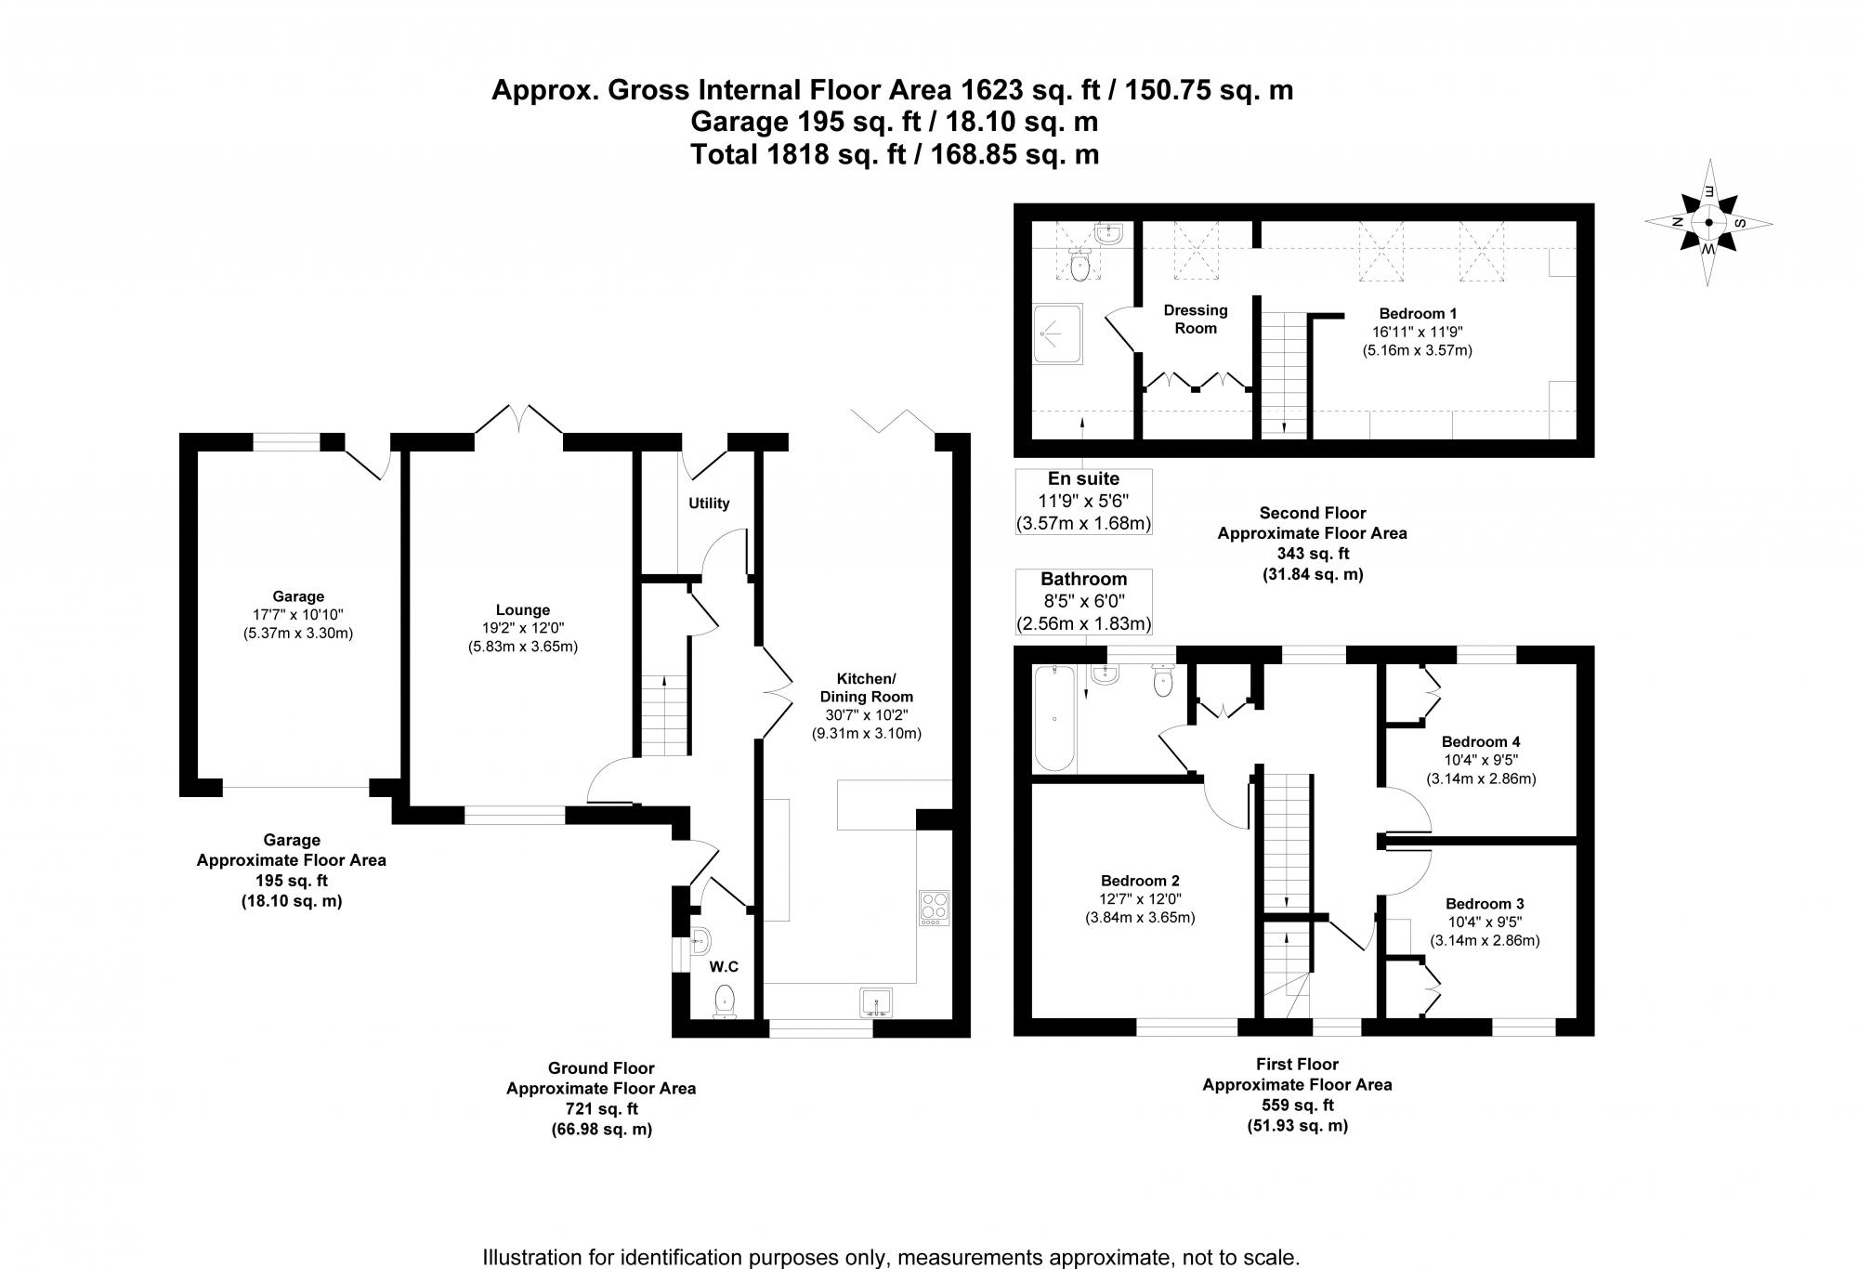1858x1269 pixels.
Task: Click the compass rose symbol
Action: tap(1708, 223)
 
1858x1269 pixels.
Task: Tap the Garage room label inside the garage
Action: tap(298, 596)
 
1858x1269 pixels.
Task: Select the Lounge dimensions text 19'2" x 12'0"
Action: tap(522, 628)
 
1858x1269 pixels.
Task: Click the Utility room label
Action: tap(709, 504)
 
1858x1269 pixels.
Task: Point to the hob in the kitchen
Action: tap(934, 908)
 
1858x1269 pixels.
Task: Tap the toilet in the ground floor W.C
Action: tap(725, 1001)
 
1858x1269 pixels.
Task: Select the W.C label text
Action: tap(725, 967)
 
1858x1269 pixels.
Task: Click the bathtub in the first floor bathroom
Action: tap(1053, 720)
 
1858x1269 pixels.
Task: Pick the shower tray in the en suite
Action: tap(1058, 334)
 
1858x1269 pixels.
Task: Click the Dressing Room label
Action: tap(1196, 319)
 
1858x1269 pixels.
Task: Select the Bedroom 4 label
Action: tap(1481, 741)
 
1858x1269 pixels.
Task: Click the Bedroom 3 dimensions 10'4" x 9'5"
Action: tap(1484, 922)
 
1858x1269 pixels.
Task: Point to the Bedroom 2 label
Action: tap(1140, 881)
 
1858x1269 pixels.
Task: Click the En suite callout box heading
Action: tap(1083, 479)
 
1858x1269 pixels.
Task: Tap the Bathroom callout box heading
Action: tap(1083, 580)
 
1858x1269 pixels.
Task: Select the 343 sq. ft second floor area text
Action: tap(1312, 554)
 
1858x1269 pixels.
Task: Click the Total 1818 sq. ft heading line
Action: tap(894, 154)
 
